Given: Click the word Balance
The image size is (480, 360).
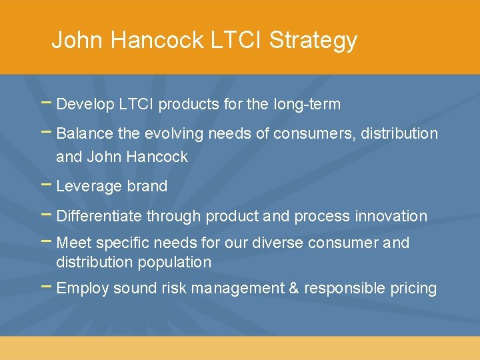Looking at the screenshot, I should click(x=85, y=133).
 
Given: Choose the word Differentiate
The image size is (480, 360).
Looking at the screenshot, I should click(x=99, y=216).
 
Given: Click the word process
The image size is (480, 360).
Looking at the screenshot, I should click(x=322, y=217).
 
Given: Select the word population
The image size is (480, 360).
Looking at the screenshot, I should click(x=174, y=263).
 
